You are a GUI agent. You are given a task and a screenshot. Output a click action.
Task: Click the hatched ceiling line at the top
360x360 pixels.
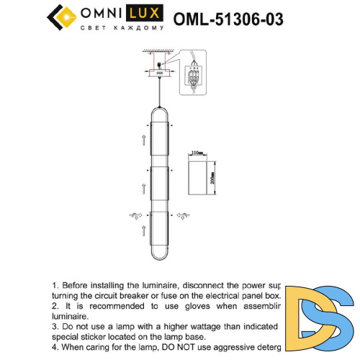[x=159, y=51]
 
